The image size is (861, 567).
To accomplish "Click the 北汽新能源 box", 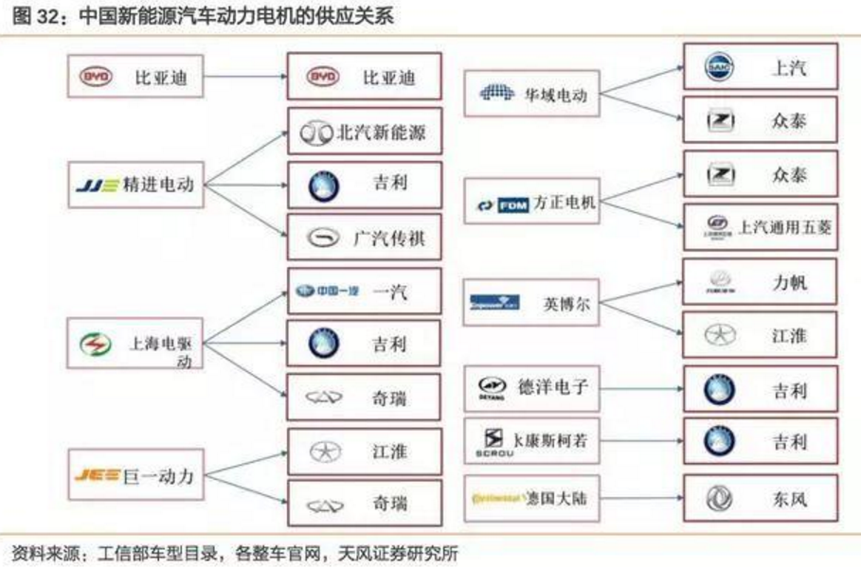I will click(364, 133).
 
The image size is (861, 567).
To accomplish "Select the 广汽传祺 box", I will click(364, 238).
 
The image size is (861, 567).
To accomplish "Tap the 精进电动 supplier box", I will click(135, 185).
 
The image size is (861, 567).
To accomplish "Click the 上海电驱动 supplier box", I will click(135, 344).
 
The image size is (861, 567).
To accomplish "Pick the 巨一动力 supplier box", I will click(135, 475).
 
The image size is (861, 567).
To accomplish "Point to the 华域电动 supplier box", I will click(533, 94).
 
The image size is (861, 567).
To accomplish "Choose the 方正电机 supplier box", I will click(533, 204).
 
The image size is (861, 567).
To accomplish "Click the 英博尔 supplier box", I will click(533, 303).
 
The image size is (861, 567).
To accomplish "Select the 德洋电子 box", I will click(533, 387).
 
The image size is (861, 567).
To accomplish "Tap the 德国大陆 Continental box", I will click(533, 495).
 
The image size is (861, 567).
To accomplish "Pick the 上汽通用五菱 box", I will click(760, 226).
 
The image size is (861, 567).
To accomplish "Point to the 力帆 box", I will click(760, 281).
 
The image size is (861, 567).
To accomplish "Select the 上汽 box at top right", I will click(760, 68).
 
